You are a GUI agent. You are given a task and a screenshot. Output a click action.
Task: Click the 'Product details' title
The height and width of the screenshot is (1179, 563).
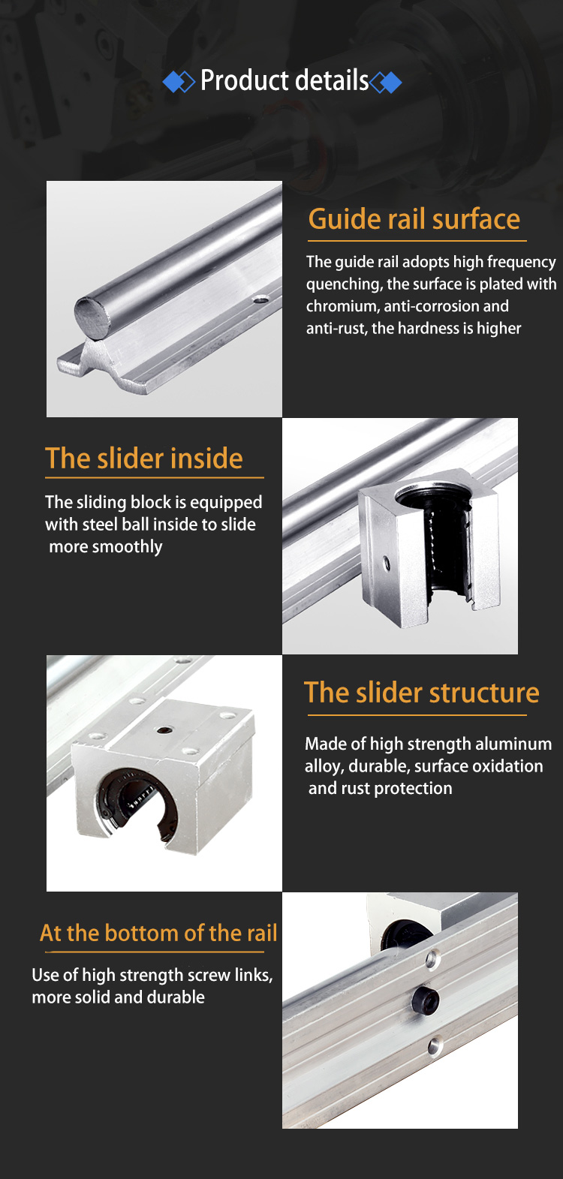pos(285,80)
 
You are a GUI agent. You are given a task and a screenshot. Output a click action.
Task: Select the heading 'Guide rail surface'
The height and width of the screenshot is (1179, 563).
pos(414,219)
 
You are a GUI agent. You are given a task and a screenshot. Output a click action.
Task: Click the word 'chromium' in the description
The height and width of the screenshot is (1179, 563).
pos(340,305)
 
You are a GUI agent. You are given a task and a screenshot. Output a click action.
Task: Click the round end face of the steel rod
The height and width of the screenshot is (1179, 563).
pos(92,318)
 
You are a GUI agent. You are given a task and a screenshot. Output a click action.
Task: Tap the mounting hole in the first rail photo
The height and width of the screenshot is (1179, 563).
pos(260,300)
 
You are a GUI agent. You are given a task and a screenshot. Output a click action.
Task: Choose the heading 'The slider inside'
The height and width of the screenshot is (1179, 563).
pos(144,458)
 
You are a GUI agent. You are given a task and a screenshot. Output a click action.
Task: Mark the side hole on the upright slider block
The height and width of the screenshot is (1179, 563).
pos(387,562)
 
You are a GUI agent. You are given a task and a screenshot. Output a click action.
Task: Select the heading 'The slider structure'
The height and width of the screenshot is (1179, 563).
pos(421,693)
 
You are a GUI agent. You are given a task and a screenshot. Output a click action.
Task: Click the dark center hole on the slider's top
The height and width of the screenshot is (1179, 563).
pos(165,729)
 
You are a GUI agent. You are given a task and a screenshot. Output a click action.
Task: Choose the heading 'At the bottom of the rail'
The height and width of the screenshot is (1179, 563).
pos(158,933)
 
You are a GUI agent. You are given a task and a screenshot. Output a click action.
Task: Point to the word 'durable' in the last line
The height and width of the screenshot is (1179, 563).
pos(176,997)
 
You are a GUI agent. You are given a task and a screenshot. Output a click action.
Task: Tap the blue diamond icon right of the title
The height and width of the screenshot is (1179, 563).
pos(386,83)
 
